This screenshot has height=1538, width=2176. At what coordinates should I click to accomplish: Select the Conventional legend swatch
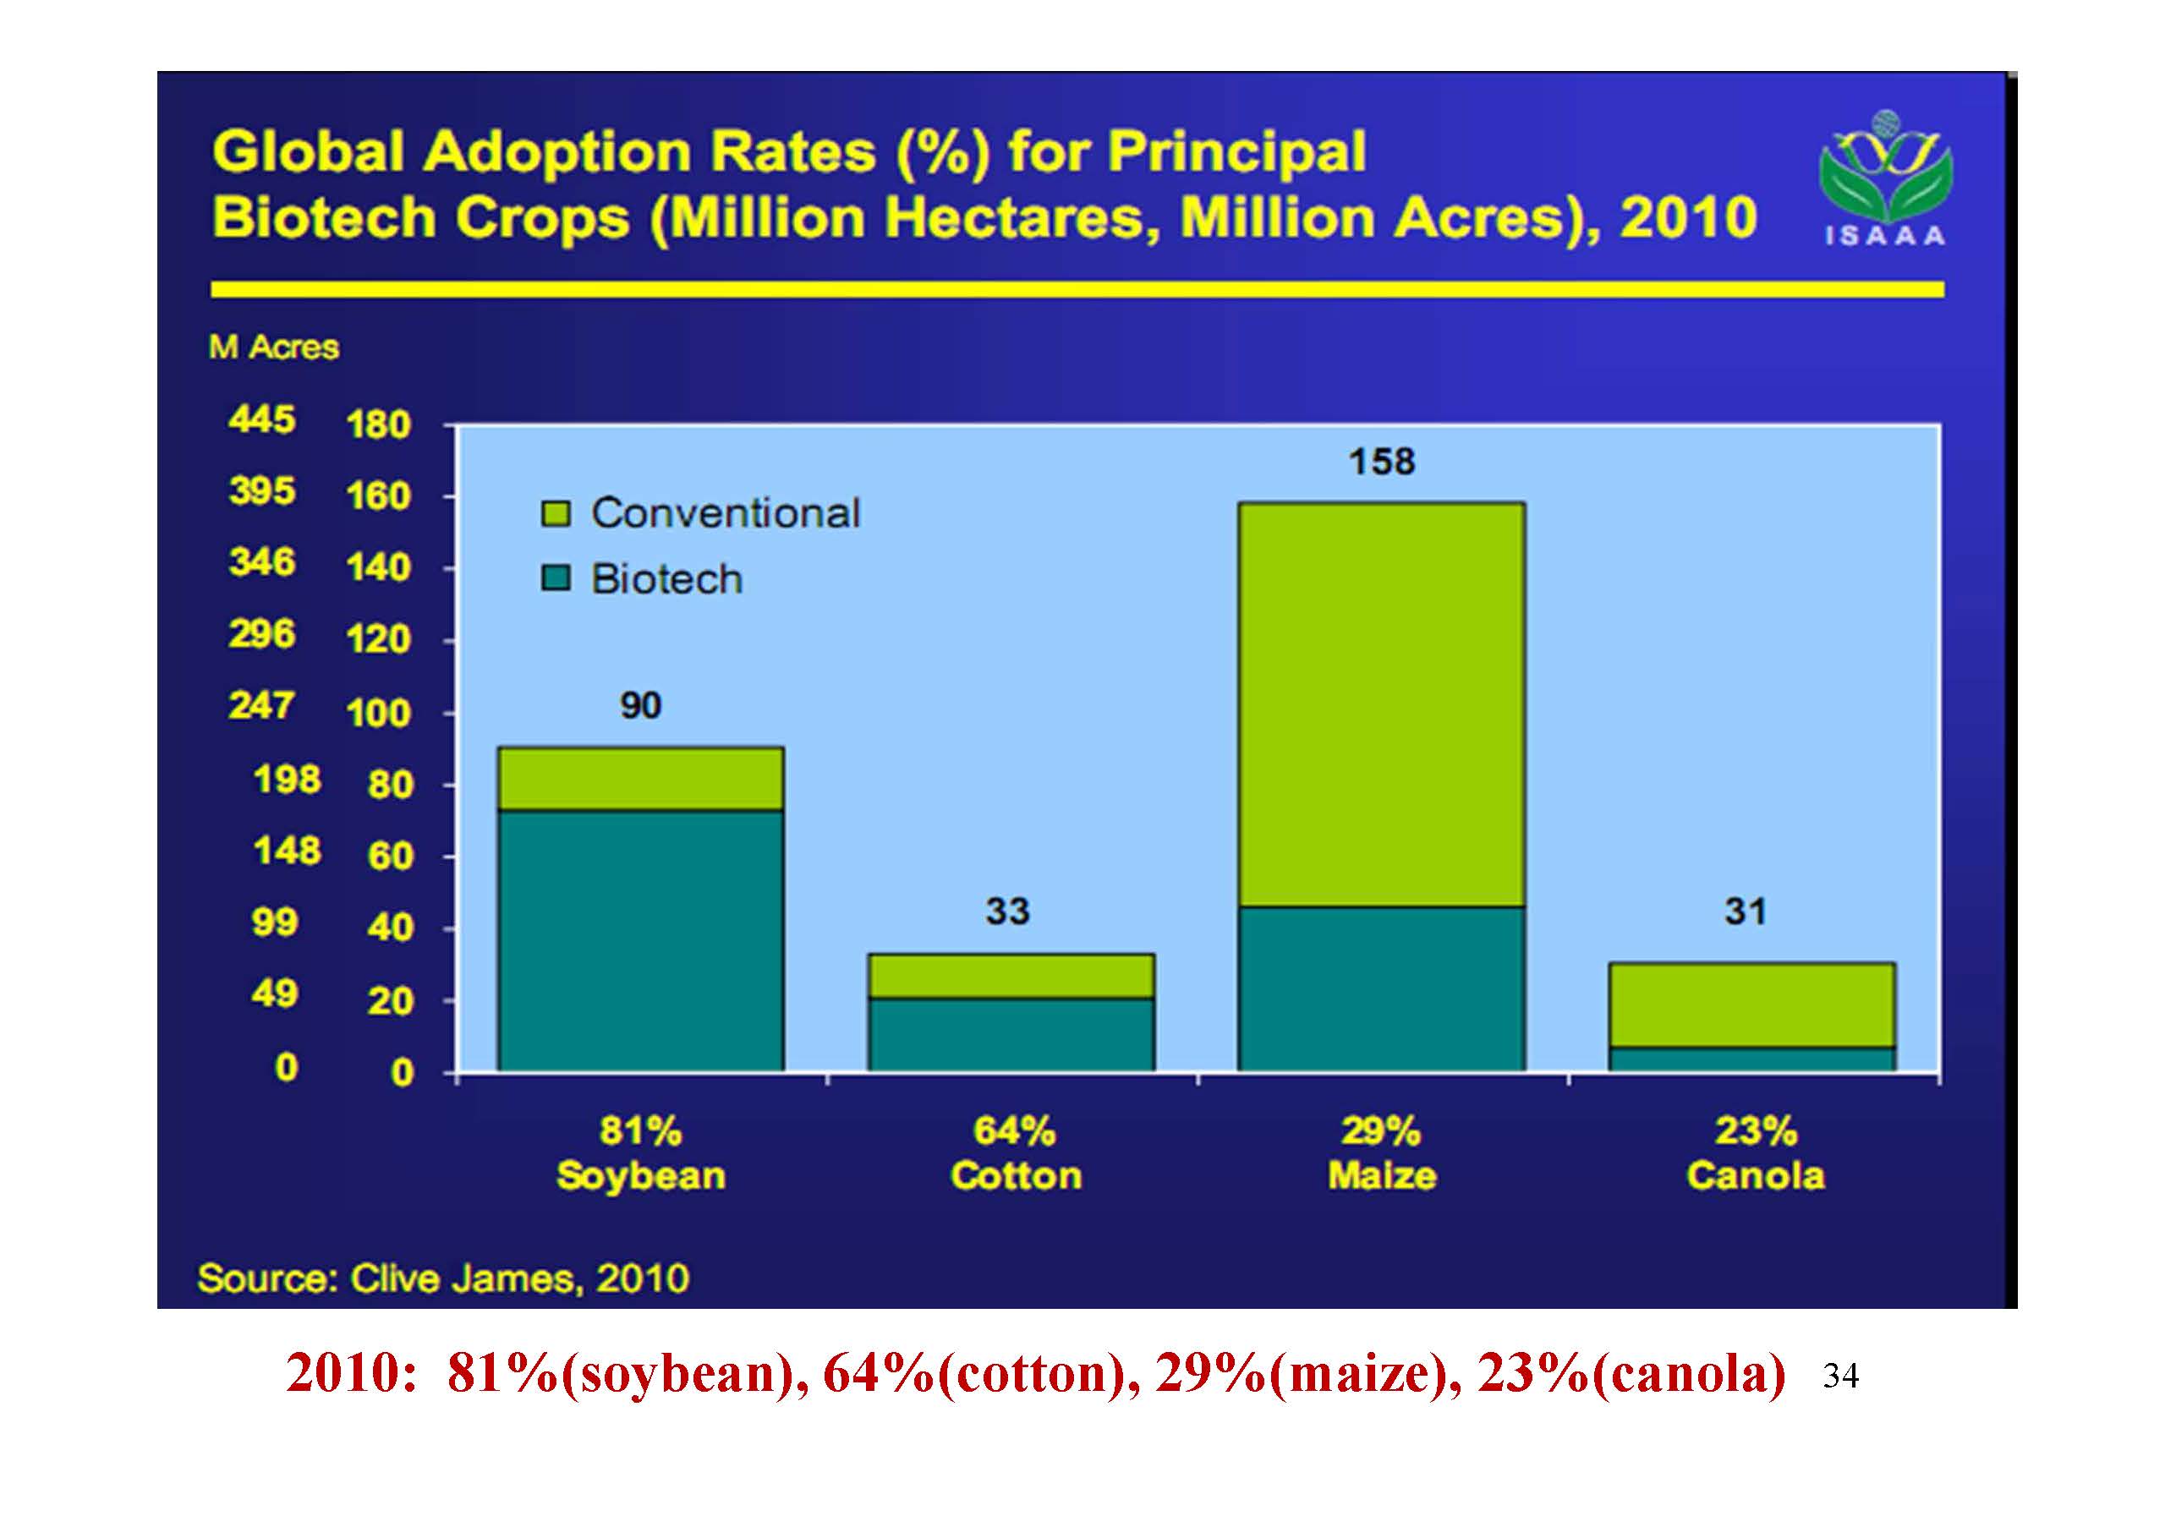pyautogui.click(x=555, y=513)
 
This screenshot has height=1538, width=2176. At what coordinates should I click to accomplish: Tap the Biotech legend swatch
pyautogui.click(x=555, y=579)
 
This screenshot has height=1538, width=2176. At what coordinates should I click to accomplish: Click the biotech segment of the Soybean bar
pyautogui.click(x=641, y=940)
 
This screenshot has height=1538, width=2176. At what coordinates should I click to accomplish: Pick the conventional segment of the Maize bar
pyautogui.click(x=1381, y=704)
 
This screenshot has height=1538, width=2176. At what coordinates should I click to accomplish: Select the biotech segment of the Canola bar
pyautogui.click(x=1751, y=1059)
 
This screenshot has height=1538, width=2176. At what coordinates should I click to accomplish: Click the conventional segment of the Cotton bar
pyautogui.click(x=1011, y=975)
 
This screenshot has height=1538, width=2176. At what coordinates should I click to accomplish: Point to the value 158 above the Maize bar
pyautogui.click(x=1382, y=462)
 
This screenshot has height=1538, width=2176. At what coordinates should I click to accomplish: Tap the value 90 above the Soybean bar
pyautogui.click(x=641, y=705)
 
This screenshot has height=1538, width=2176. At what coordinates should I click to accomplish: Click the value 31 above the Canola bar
pyautogui.click(x=1745, y=911)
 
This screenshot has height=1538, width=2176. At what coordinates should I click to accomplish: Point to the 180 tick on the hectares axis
pyautogui.click(x=377, y=424)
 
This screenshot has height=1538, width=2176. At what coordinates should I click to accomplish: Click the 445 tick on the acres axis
pyautogui.click(x=261, y=419)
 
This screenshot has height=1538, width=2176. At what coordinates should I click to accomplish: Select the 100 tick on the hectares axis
pyautogui.click(x=377, y=713)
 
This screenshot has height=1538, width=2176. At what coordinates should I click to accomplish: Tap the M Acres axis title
pyautogui.click(x=274, y=348)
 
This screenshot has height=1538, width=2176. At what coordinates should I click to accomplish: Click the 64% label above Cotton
pyautogui.click(x=1014, y=1130)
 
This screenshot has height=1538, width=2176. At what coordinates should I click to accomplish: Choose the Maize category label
pyautogui.click(x=1382, y=1176)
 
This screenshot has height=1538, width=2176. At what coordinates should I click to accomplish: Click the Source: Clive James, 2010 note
pyautogui.click(x=442, y=1278)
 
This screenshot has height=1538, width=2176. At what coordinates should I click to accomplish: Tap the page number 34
pyautogui.click(x=1840, y=1376)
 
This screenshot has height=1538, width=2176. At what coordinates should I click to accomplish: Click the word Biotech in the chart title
pyautogui.click(x=327, y=218)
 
